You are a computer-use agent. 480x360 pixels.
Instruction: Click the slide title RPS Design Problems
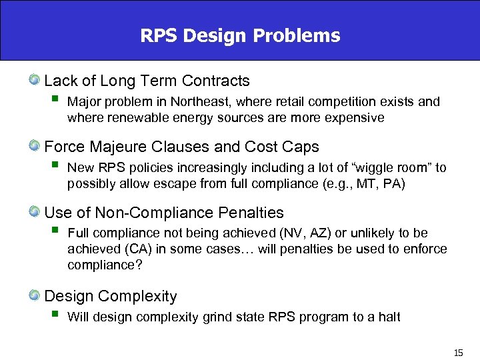(240, 35)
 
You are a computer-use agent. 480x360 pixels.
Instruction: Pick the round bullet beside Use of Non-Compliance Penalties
(34, 213)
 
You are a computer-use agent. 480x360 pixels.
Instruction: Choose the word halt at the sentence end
(388, 317)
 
